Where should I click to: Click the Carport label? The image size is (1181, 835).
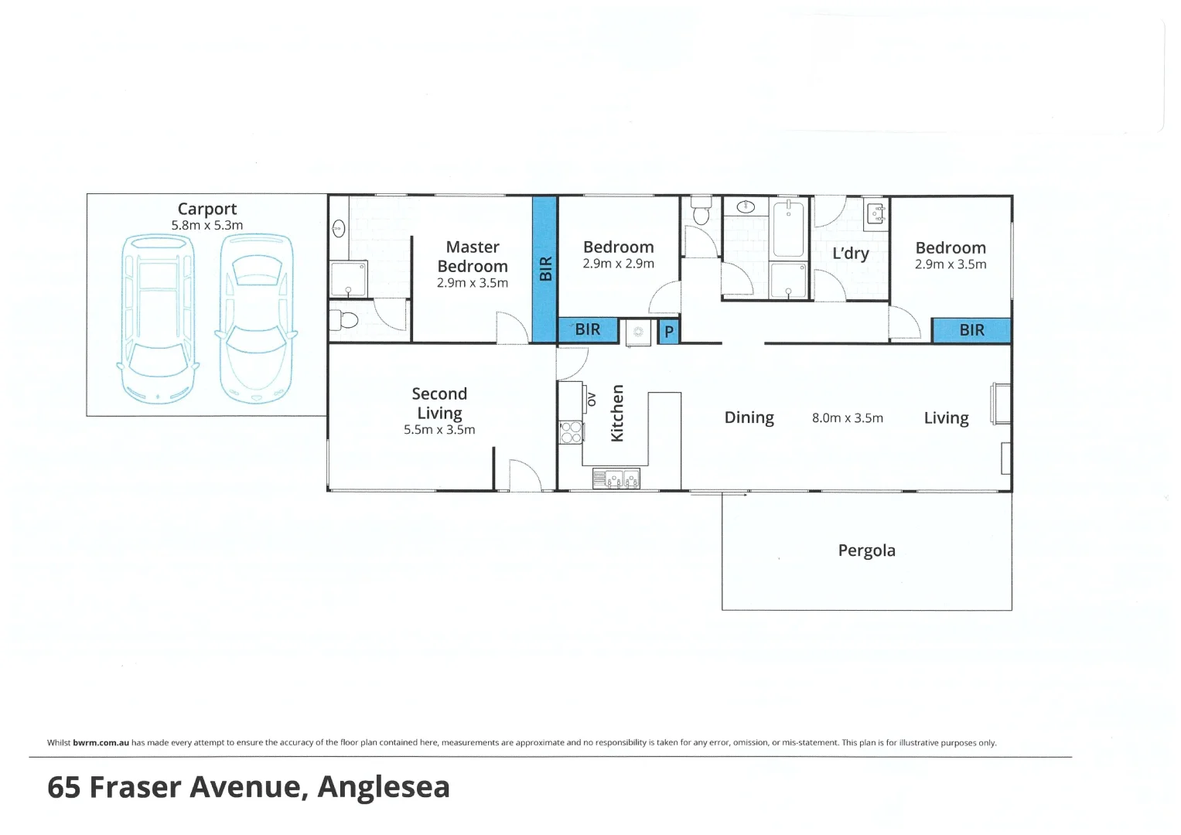click(207, 209)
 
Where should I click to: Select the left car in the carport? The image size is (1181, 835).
click(158, 319)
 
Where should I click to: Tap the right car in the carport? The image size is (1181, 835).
click(256, 319)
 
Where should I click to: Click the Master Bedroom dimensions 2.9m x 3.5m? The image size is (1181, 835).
click(472, 283)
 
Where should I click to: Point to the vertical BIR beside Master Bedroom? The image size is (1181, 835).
click(545, 268)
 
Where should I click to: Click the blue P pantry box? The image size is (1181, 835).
click(669, 332)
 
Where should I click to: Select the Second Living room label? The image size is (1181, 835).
click(439, 403)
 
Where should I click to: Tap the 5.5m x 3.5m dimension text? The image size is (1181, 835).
click(439, 430)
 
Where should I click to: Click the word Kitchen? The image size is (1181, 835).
click(617, 414)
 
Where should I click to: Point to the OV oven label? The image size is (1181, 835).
click(592, 399)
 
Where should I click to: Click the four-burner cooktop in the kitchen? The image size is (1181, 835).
click(571, 432)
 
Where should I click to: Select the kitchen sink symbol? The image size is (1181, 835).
click(616, 479)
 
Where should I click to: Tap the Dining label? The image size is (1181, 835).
click(749, 417)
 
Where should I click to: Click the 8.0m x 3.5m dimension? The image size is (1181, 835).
click(847, 418)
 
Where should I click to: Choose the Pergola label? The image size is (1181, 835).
click(866, 550)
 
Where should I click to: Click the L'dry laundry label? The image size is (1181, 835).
click(850, 254)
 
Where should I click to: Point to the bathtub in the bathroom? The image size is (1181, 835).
click(788, 228)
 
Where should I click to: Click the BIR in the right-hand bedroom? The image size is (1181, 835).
click(971, 330)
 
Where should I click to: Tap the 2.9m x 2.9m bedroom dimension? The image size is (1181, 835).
click(618, 264)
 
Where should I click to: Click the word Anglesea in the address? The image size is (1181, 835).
click(384, 787)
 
